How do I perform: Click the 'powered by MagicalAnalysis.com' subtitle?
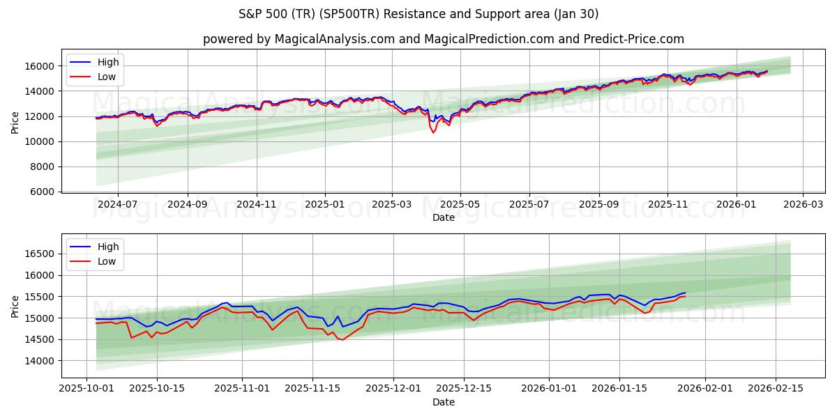[x=444, y=39]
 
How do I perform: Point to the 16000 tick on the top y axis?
[x=40, y=66]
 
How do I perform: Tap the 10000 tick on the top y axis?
[x=40, y=141]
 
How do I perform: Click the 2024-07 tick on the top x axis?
[x=116, y=204]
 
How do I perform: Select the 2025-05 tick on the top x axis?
[x=460, y=204]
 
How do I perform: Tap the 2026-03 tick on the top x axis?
[x=803, y=204]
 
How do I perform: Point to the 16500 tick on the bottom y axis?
[x=40, y=254]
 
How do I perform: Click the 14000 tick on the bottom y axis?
[x=40, y=361]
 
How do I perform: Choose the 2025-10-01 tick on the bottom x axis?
[x=86, y=388]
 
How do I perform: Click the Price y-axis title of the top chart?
[x=15, y=123]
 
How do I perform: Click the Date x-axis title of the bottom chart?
[x=444, y=402]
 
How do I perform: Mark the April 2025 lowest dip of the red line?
[x=433, y=132]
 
